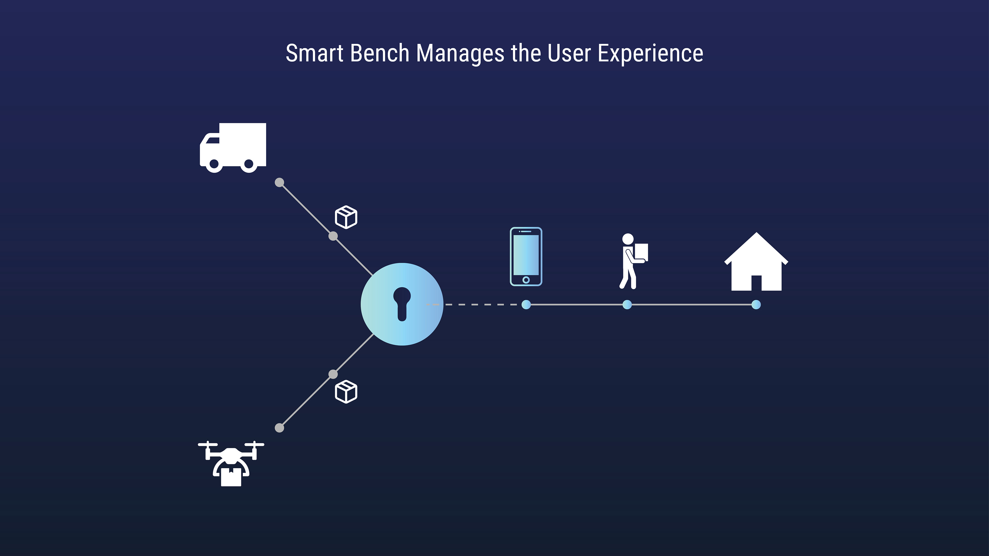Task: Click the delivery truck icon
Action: point(233,148)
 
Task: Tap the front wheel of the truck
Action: point(214,164)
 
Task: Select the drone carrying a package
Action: point(231,464)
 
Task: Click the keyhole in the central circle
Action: point(402,303)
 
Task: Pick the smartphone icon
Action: point(526,256)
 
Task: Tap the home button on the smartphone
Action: point(526,280)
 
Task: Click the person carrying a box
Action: point(633,261)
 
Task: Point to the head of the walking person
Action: point(628,239)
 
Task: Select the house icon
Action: point(756,263)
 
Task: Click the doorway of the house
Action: point(756,283)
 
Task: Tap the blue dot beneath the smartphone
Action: point(526,305)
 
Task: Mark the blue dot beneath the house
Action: point(756,305)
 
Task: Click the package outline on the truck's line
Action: point(346,217)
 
